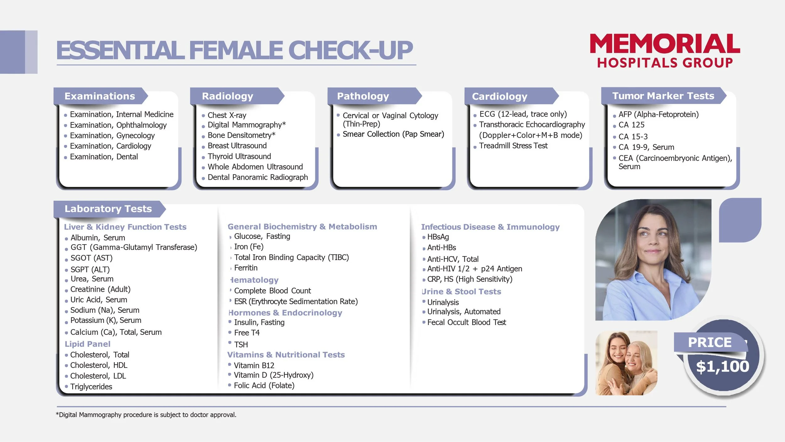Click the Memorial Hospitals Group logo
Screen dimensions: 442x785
click(664, 51)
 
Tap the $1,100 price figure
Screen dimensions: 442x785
click(723, 367)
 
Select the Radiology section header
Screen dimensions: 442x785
click(227, 96)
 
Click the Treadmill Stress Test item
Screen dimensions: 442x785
click(513, 146)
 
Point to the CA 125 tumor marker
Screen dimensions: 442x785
click(631, 125)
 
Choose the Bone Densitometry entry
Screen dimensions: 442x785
click(241, 135)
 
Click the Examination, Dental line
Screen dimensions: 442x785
click(104, 157)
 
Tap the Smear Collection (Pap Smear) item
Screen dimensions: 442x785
click(393, 134)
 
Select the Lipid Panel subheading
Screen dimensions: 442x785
click(87, 344)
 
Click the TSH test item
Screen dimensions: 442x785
click(241, 345)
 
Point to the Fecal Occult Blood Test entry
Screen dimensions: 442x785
click(466, 322)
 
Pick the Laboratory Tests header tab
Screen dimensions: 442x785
click(108, 209)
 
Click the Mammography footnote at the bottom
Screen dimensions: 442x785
click(146, 415)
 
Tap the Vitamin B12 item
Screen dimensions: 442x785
click(254, 365)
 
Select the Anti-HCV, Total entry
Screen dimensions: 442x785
click(452, 259)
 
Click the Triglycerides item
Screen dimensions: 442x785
click(91, 386)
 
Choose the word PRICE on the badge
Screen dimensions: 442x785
click(710, 342)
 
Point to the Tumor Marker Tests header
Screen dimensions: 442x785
click(663, 96)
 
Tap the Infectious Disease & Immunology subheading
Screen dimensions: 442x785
click(490, 227)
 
